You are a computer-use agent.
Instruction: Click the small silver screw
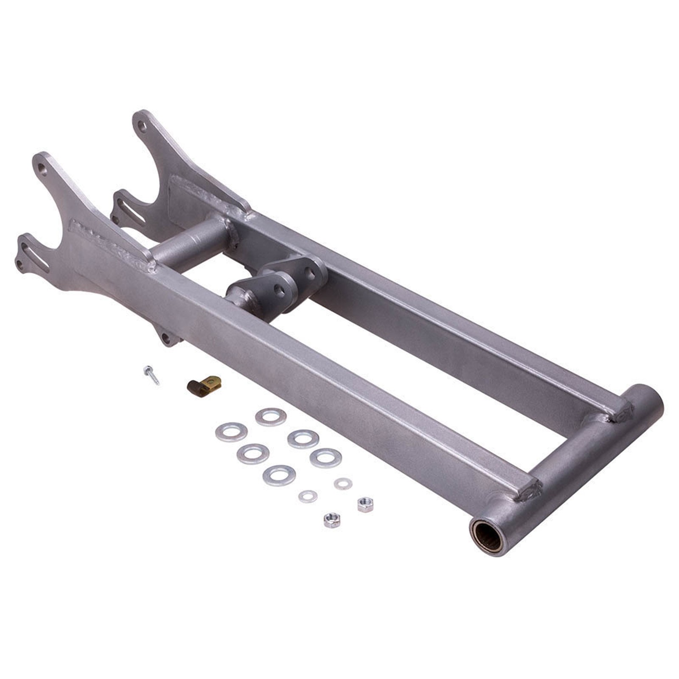(x=151, y=375)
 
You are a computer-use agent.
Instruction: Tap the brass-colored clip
(x=205, y=385)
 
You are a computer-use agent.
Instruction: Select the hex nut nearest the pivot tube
(x=365, y=504)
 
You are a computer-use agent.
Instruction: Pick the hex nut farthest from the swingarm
(x=332, y=520)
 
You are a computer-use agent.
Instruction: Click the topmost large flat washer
(x=270, y=416)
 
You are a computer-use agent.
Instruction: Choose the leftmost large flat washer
(x=231, y=432)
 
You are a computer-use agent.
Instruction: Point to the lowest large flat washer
(x=279, y=475)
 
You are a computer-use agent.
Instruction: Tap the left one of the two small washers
(x=308, y=496)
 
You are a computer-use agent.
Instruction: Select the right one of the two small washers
(x=343, y=483)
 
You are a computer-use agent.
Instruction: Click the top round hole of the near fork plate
(x=42, y=169)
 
